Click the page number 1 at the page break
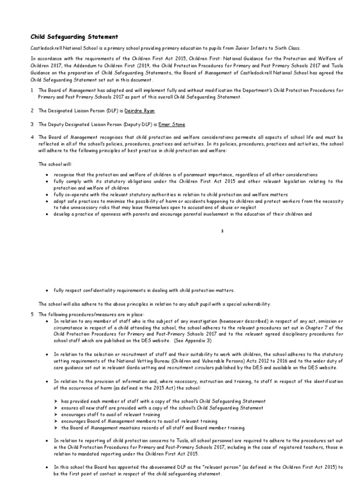(222, 230)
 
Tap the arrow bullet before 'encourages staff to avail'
(56, 414)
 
